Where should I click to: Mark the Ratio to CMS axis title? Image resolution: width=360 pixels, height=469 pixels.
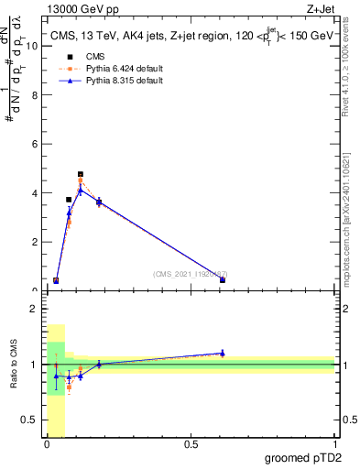point(14,364)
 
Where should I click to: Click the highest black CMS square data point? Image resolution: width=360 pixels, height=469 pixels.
point(81,174)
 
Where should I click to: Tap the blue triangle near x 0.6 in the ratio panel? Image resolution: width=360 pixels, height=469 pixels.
point(223,353)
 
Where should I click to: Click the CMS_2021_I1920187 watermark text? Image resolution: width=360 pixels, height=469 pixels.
point(190,273)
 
